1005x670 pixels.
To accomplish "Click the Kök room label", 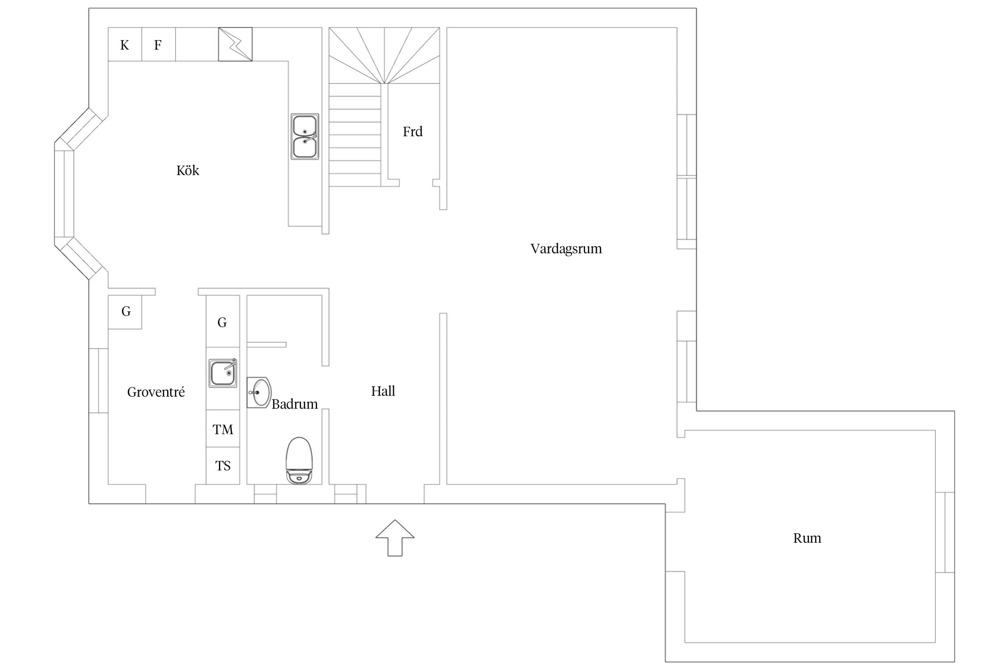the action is (x=188, y=170).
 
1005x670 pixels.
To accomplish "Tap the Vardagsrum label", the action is (x=566, y=248).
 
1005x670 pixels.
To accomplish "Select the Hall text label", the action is (x=383, y=391).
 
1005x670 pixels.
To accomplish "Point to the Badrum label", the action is (x=294, y=404).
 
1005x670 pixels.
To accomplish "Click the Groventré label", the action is (x=156, y=392).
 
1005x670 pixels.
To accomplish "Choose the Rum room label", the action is (x=807, y=538).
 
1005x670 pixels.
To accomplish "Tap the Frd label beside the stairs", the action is (x=412, y=131).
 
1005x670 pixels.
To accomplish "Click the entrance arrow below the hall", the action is (x=395, y=538).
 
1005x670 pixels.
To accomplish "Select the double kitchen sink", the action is (x=305, y=137).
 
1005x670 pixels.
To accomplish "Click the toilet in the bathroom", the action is (x=299, y=461).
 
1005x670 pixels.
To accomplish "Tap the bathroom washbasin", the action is (x=259, y=393).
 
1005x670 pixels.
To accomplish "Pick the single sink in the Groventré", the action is (x=223, y=373).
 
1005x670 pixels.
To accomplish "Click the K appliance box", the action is (x=125, y=44).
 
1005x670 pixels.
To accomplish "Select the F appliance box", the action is (x=159, y=44).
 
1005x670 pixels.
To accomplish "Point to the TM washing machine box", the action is (x=223, y=429).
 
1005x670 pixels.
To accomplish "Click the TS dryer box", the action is (x=223, y=465).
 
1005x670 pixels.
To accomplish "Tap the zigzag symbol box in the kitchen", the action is (x=235, y=44).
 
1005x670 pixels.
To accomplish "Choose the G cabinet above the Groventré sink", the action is (x=223, y=322).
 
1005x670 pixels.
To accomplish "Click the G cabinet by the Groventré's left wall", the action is (x=125, y=312).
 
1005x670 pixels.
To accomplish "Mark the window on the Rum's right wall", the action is (x=945, y=532).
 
